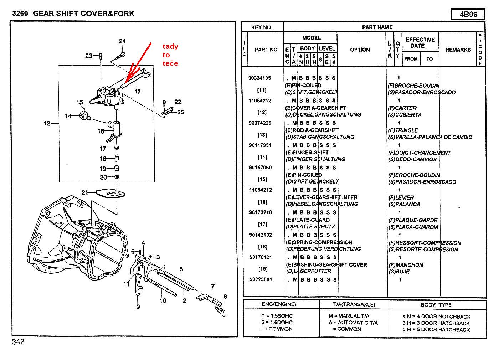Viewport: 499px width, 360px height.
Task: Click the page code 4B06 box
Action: (x=468, y=15)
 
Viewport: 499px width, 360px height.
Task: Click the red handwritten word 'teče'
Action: (x=170, y=64)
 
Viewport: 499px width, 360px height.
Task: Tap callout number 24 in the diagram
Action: (x=122, y=41)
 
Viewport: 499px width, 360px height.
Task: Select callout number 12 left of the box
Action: (x=47, y=123)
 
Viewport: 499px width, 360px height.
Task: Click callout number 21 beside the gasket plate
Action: (x=84, y=192)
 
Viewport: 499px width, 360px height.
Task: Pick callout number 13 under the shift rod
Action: (x=138, y=92)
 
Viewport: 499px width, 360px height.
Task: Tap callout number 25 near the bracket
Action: (x=180, y=112)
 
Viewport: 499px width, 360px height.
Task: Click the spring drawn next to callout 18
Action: (x=116, y=159)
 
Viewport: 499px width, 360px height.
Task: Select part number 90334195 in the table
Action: (x=259, y=78)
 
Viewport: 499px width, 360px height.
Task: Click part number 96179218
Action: (x=260, y=212)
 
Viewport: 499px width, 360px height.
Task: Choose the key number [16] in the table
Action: (x=262, y=202)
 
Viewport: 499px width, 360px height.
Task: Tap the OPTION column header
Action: (x=360, y=50)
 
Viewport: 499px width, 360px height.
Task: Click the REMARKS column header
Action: (x=458, y=50)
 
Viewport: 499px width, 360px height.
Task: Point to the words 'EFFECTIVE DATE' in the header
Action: (x=420, y=42)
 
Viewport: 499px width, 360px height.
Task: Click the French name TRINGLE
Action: (x=406, y=130)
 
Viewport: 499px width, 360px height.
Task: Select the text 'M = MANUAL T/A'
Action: (x=349, y=316)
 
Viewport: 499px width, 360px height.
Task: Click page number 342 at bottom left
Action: (x=18, y=342)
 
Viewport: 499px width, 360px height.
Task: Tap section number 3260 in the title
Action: (x=20, y=14)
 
